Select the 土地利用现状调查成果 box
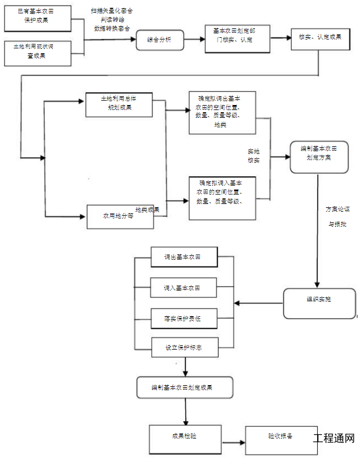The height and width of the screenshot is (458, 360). pyautogui.click(x=38, y=52)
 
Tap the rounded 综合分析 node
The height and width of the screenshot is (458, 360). pyautogui.click(x=160, y=39)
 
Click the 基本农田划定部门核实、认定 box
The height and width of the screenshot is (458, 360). pyautogui.click(x=237, y=37)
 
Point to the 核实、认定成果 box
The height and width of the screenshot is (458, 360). pyautogui.click(x=320, y=37)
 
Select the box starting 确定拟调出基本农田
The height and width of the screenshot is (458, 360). pyautogui.click(x=222, y=112)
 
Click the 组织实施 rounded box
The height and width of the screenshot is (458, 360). pyautogui.click(x=319, y=303)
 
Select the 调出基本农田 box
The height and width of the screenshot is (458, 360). pyautogui.click(x=184, y=258)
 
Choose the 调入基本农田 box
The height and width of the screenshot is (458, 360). pyautogui.click(x=184, y=288)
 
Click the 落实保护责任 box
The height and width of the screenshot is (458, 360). pyautogui.click(x=184, y=319)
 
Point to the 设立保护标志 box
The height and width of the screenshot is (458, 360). pyautogui.click(x=184, y=347)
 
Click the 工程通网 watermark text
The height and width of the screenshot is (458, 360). pyautogui.click(x=334, y=439)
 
